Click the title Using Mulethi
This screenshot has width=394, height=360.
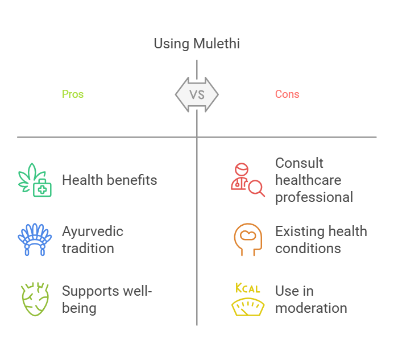(x=197, y=44)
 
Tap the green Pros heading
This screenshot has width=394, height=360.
(x=73, y=94)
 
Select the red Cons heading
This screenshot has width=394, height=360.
(x=287, y=94)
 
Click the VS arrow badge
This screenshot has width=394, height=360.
(x=197, y=94)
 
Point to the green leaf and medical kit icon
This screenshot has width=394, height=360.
(x=35, y=180)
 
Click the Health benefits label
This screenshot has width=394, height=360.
(x=110, y=180)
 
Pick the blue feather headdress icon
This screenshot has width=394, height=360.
(x=35, y=239)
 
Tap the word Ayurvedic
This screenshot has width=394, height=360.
(x=93, y=231)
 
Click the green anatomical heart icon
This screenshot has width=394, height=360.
(x=35, y=299)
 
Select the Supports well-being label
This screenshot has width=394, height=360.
(x=107, y=299)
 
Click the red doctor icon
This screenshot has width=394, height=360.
(x=240, y=176)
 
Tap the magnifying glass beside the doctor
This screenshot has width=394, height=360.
(x=256, y=188)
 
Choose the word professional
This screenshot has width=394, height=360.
(x=314, y=197)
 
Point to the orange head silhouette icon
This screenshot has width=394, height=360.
(x=248, y=239)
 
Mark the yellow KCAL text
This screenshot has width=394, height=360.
(x=247, y=288)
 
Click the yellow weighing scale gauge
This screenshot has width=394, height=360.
(x=248, y=307)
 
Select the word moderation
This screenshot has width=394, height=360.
(x=311, y=308)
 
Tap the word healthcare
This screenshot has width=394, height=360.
(x=308, y=180)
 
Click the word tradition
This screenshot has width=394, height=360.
(x=88, y=249)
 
